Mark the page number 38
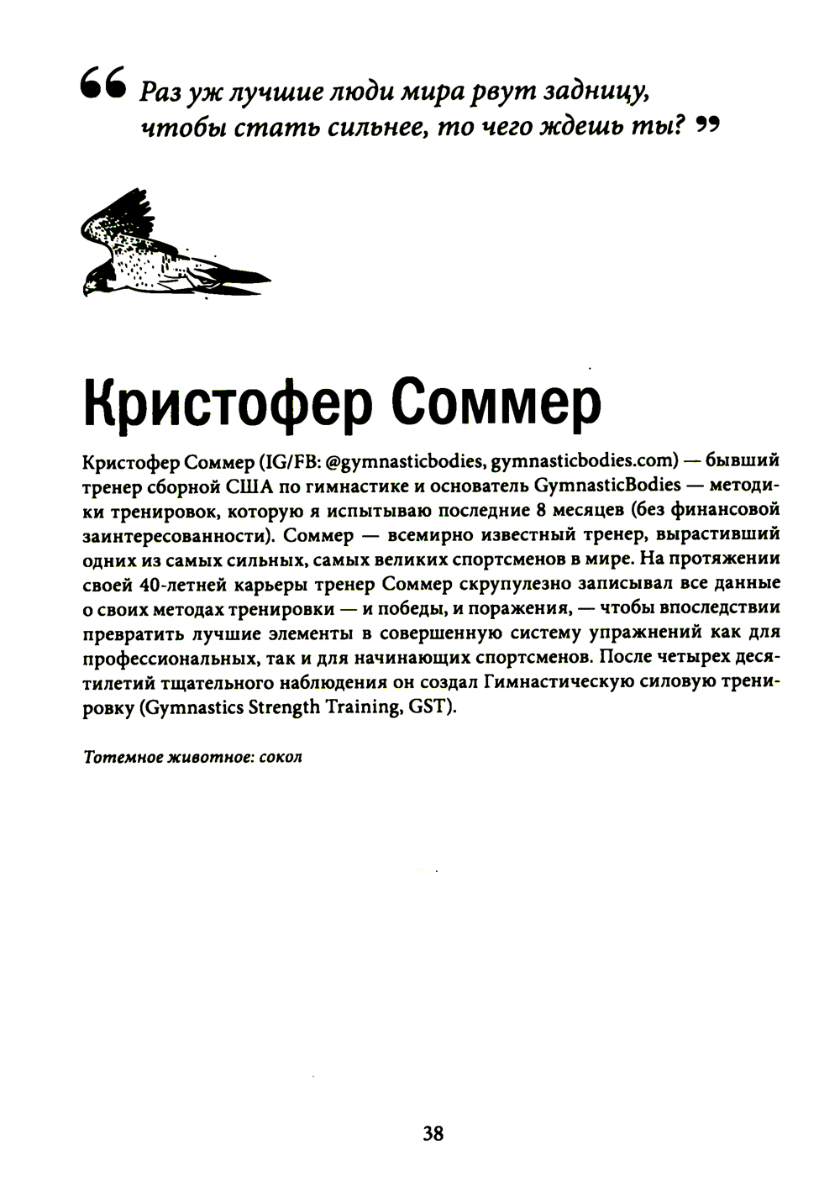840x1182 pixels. [x=433, y=1133]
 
